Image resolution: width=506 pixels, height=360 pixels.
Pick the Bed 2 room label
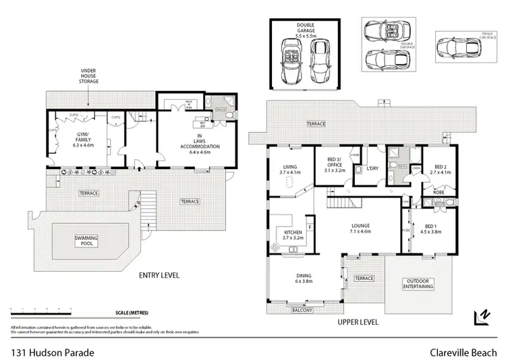tap(439, 170)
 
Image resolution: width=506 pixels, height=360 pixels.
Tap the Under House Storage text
tap(90, 76)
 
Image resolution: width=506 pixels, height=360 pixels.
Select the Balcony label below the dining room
tap(302, 311)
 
